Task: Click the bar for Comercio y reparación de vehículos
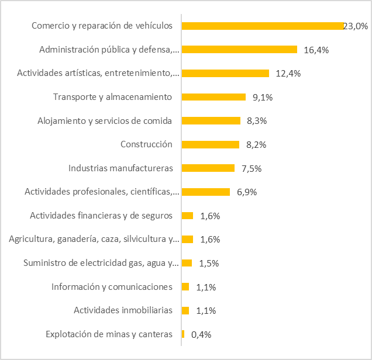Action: pyautogui.click(x=263, y=26)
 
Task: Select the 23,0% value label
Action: pyautogui.click(x=355, y=26)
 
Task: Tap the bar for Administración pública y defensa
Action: pyautogui.click(x=240, y=50)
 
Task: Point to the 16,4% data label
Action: pyautogui.click(x=316, y=50)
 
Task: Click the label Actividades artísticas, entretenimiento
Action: pyautogui.click(x=98, y=73)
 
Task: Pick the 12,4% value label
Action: pyautogui.click(x=288, y=73)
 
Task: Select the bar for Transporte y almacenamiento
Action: pyautogui.click(x=214, y=97)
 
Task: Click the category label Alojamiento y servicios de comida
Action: pyautogui.click(x=105, y=120)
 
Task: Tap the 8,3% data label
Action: pyautogui.click(x=259, y=121)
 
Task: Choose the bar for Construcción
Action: pyautogui.click(x=211, y=144)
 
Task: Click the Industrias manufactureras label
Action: pyautogui.click(x=120, y=168)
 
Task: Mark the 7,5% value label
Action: pyautogui.click(x=252, y=168)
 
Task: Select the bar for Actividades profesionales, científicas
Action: pyautogui.click(x=206, y=192)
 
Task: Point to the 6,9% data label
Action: pyautogui.click(x=247, y=192)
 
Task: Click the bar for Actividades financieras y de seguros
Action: pyautogui.click(x=188, y=216)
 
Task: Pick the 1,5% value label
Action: pyautogui.click(x=209, y=263)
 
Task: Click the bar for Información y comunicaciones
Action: pyautogui.click(x=185, y=286)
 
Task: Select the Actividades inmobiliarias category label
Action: pyautogui.click(x=123, y=310)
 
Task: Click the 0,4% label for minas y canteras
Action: pyautogui.click(x=201, y=334)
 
